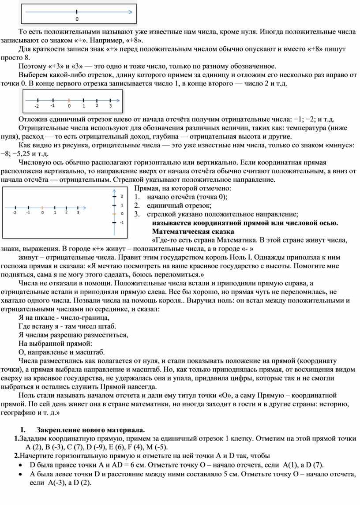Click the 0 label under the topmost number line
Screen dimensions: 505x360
77,20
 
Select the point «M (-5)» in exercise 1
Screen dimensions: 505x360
157,447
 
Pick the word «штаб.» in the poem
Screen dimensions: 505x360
107,326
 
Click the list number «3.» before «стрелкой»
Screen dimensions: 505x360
138,214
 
